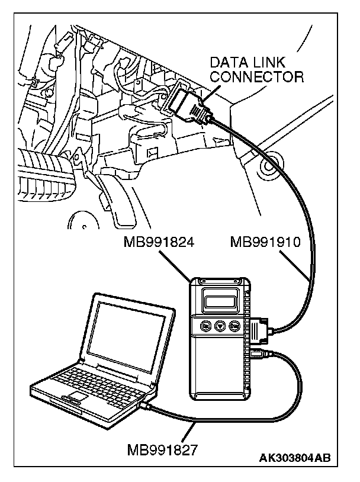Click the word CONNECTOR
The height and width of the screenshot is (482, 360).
[257, 76]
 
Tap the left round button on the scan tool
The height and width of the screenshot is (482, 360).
[205, 325]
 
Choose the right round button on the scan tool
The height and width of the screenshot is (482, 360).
[235, 325]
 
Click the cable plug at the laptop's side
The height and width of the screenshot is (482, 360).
[146, 406]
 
